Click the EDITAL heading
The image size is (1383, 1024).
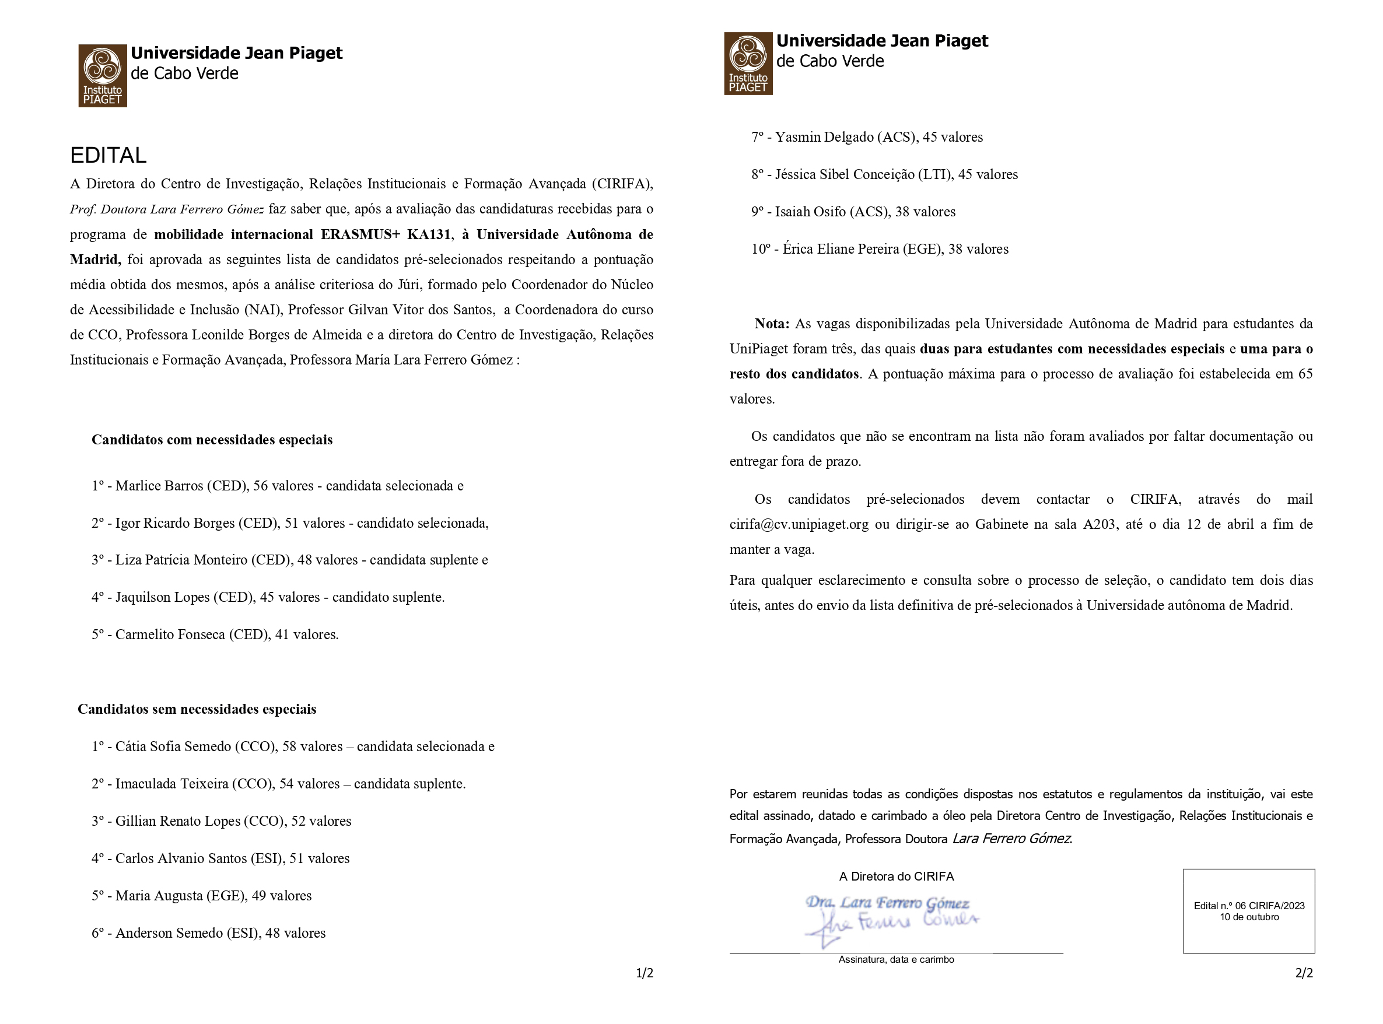pos(108,155)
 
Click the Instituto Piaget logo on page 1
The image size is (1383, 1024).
pos(102,76)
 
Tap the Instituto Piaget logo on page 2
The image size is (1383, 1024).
pos(748,63)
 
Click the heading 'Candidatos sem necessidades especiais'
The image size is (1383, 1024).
pos(197,709)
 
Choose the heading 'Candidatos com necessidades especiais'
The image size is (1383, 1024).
pos(212,440)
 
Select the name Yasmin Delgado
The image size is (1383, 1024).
pos(824,137)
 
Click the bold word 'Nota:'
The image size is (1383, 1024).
pos(772,324)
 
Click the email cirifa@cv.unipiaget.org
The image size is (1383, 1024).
pos(799,524)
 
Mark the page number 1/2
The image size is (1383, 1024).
pos(644,973)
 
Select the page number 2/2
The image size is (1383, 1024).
pos(1304,973)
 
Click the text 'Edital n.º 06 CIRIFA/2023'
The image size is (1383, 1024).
pos(1248,906)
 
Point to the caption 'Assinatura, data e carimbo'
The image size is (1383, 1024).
pos(896,959)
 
